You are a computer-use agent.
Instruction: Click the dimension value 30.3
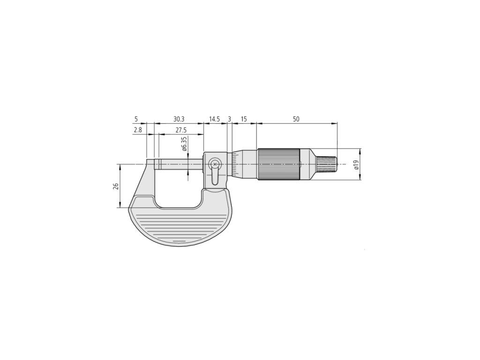click(x=179, y=119)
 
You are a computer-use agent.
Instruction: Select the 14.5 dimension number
click(x=215, y=119)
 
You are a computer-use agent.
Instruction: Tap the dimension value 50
click(x=296, y=119)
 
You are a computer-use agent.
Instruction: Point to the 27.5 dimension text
click(x=181, y=130)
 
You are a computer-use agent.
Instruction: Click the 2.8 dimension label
click(x=138, y=130)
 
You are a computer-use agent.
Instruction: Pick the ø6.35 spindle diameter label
click(x=184, y=144)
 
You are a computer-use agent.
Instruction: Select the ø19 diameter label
click(x=356, y=165)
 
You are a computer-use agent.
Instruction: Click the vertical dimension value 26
click(x=116, y=187)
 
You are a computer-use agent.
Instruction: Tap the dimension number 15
click(x=244, y=119)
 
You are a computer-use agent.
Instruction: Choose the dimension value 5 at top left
click(x=136, y=119)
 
